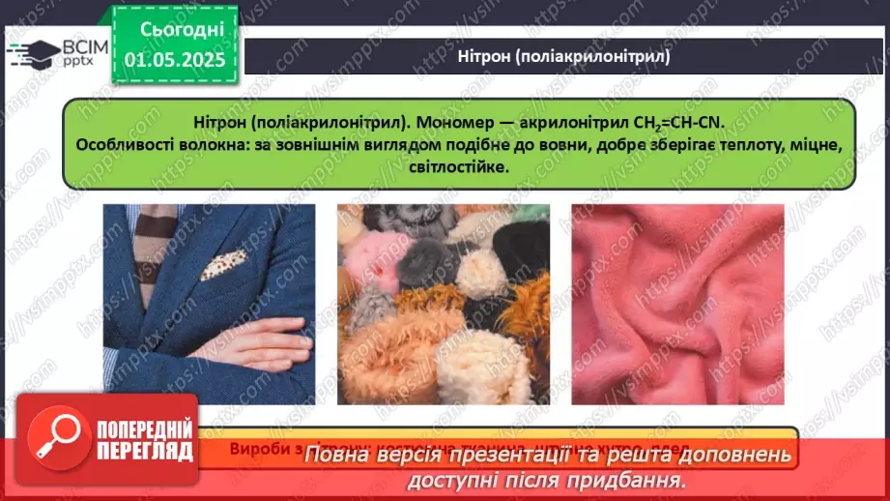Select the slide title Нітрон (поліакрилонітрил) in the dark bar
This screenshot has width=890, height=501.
[564, 57]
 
